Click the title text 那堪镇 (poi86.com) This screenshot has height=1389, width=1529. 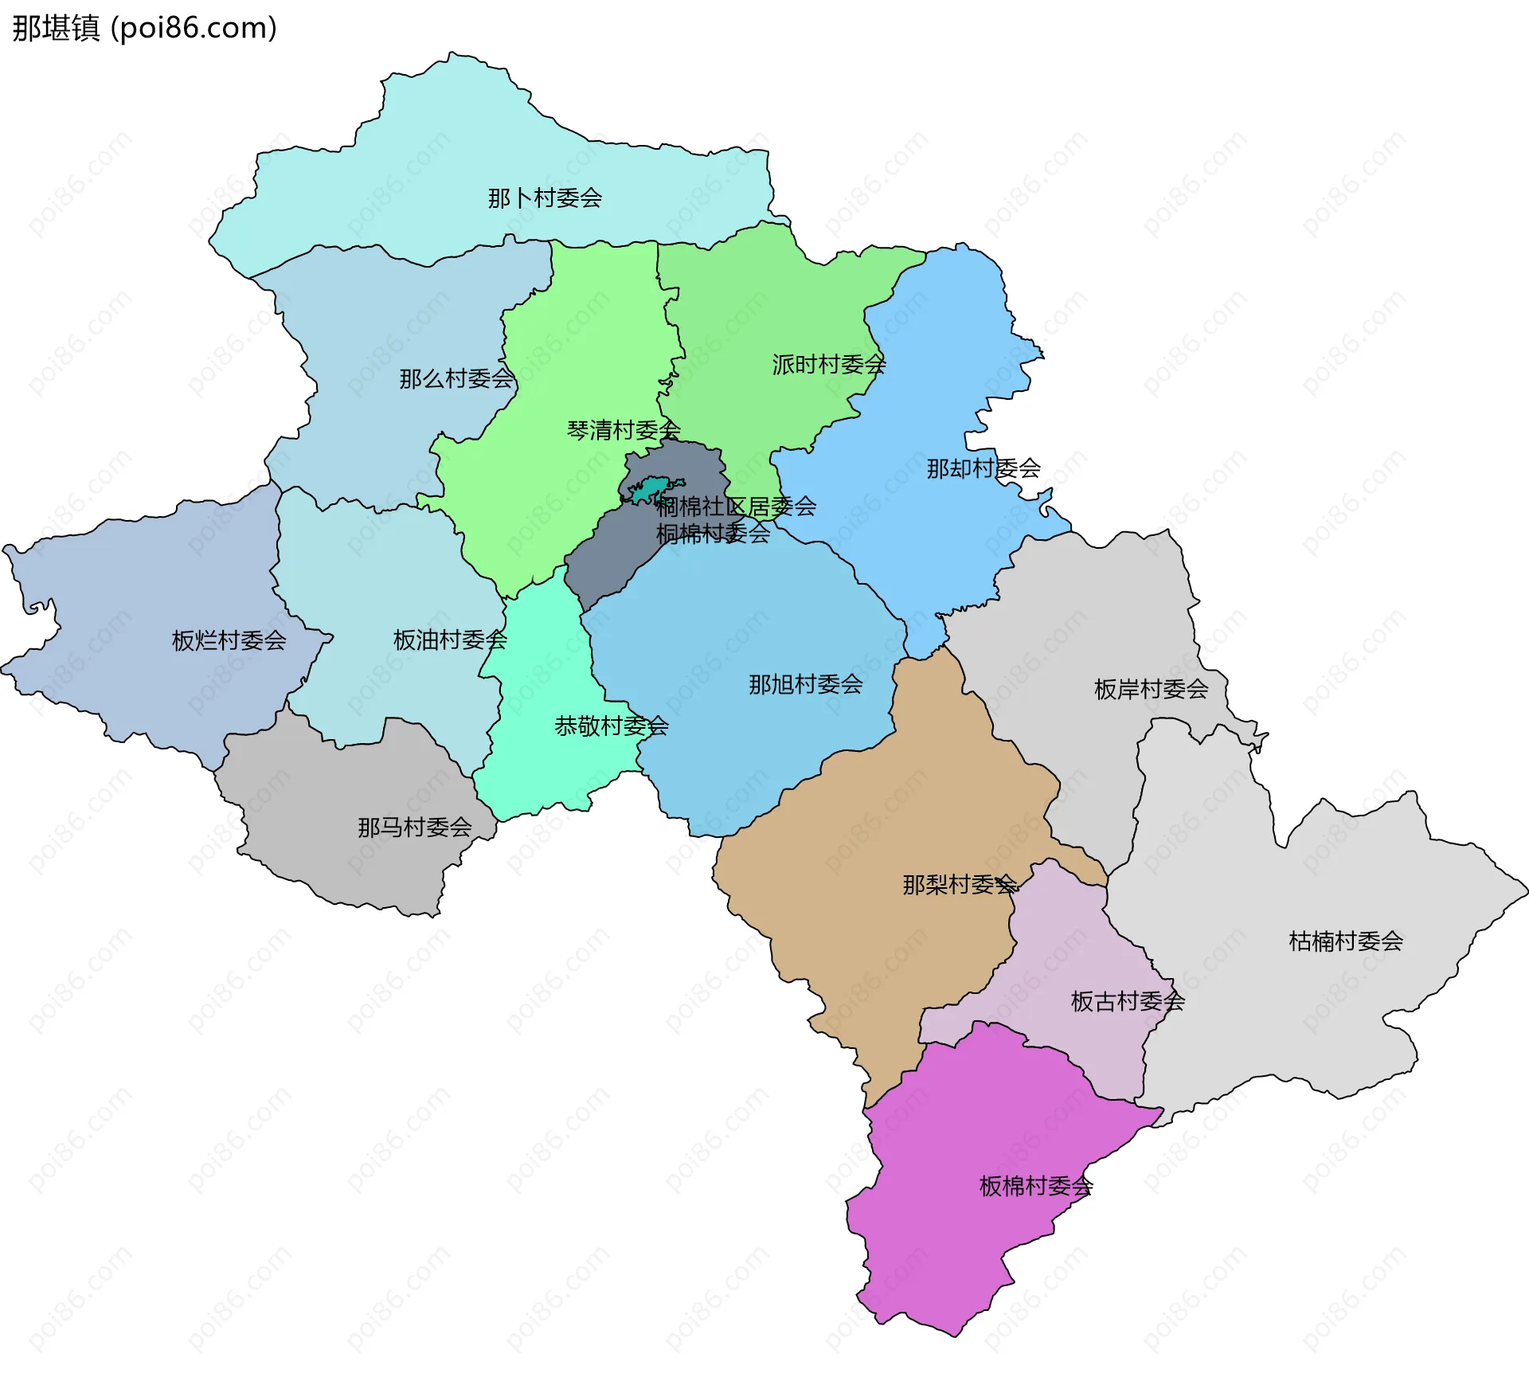coord(144,28)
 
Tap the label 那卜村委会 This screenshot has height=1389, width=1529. coord(545,198)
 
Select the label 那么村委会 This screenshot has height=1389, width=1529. coord(456,379)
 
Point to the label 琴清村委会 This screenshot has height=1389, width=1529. coord(624,431)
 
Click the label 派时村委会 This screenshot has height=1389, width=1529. coord(828,365)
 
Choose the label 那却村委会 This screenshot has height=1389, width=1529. coord(983,468)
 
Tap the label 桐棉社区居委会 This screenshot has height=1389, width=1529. coord(736,507)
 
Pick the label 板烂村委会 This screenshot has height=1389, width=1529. coord(229,640)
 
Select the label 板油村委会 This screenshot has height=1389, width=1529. coord(450,640)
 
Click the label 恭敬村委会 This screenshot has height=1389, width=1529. coord(612,726)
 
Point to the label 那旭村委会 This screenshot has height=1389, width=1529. coord(805,684)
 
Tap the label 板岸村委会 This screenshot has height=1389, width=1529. coord(1151,689)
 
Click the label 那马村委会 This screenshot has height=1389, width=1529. coord(414,828)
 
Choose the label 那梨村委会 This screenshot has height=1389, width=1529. coord(960,885)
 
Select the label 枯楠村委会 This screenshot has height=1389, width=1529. coord(1346,941)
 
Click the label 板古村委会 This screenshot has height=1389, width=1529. coord(1128,1001)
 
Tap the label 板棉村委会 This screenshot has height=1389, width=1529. coord(1035,1187)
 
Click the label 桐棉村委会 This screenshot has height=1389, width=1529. coord(713,534)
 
